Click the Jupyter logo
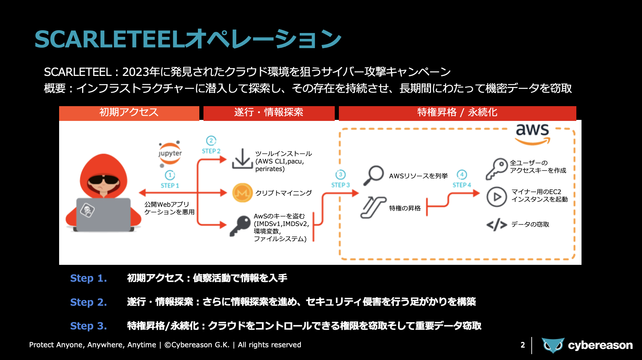pyautogui.click(x=170, y=153)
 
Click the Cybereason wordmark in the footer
pyautogui.click(x=600, y=345)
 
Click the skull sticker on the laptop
pyautogui.click(x=87, y=210)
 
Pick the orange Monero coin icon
pyautogui.click(x=242, y=193)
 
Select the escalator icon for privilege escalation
pyautogui.click(x=373, y=207)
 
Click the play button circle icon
pyautogui.click(x=497, y=197)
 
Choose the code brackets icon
pyautogui.click(x=497, y=225)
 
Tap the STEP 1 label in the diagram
pyautogui.click(x=170, y=185)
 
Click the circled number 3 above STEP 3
pyautogui.click(x=340, y=175)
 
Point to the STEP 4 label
pyautogui.click(x=462, y=185)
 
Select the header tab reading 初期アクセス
pyautogui.click(x=129, y=113)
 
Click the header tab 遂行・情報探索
pyautogui.click(x=269, y=113)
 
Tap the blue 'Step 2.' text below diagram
pyautogui.click(x=88, y=302)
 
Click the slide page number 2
pyautogui.click(x=522, y=345)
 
